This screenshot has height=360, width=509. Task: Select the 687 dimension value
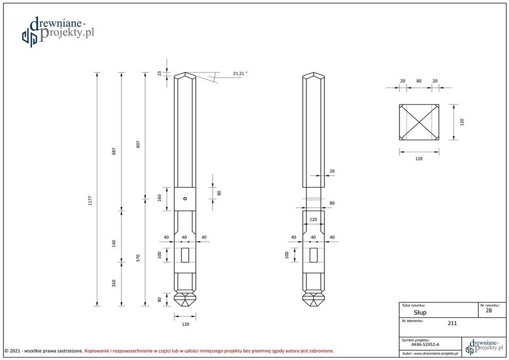[x=114, y=151]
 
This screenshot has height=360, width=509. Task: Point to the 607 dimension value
[x=138, y=144]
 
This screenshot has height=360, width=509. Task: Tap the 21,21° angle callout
[x=239, y=74]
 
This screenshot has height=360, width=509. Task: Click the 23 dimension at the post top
[x=159, y=74]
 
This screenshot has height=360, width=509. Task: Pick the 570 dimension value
[x=138, y=258]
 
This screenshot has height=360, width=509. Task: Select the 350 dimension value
[x=114, y=283]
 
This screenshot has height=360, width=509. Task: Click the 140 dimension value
[x=114, y=243]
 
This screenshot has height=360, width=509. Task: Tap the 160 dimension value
[x=159, y=198]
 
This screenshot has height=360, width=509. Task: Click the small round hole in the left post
[x=186, y=199]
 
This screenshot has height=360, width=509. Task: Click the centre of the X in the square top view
[x=420, y=122]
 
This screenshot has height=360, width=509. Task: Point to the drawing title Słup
[x=420, y=312]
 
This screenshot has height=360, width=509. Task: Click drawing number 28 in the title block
[x=488, y=310]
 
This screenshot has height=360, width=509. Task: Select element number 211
[x=452, y=323]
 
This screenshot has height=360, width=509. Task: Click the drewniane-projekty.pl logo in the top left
[x=58, y=31]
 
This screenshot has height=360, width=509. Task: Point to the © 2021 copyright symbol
[x=7, y=351]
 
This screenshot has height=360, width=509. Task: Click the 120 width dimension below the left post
[x=186, y=324]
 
